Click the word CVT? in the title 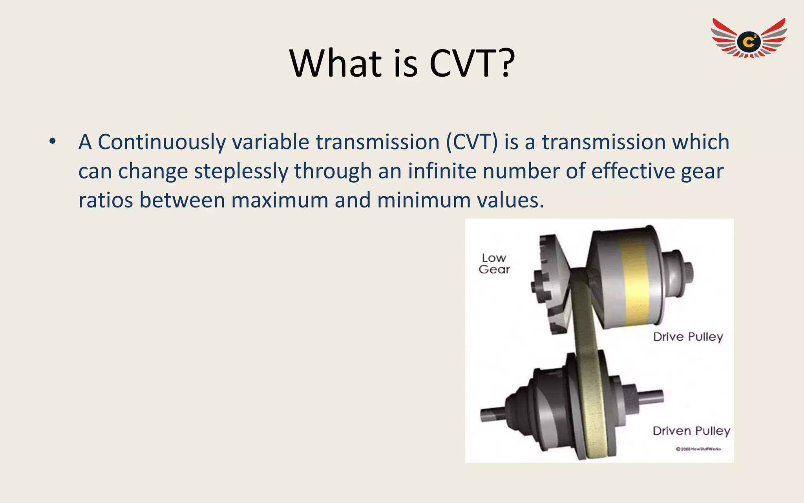pos(472,64)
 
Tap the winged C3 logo pos(749,39)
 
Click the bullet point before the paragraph pos(53,141)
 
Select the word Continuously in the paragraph pos(161,142)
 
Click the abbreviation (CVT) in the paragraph pos(471,142)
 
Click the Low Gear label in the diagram pos(494,264)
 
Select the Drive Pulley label pos(688,337)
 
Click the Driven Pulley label pos(691,431)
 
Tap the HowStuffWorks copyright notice pos(698,449)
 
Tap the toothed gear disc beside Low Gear pos(550,283)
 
